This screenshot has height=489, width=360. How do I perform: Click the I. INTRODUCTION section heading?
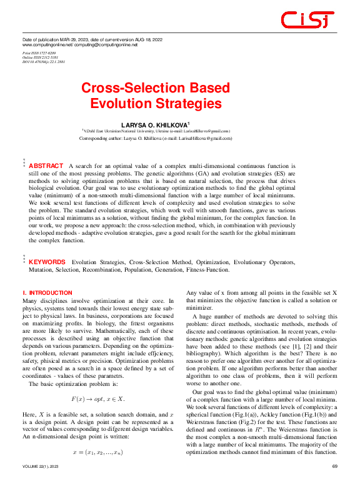point(47,292)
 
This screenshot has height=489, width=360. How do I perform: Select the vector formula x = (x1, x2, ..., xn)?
point(97,452)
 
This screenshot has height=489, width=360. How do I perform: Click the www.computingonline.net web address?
point(47,46)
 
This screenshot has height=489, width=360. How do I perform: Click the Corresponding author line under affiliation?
point(156,138)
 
